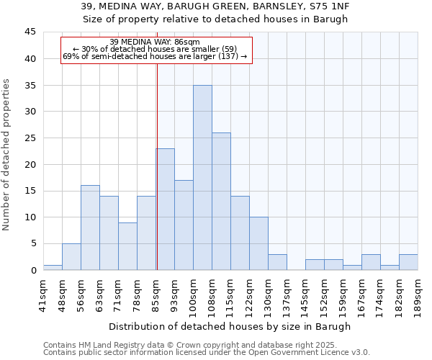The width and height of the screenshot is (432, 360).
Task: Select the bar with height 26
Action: (221, 202)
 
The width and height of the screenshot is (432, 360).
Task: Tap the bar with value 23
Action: (165, 210)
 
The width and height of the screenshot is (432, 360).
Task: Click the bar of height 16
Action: (90, 228)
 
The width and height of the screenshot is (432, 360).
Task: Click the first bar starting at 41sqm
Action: (53, 267)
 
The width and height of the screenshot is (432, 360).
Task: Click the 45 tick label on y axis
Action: (30, 32)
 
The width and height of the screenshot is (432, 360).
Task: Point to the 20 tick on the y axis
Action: (30, 164)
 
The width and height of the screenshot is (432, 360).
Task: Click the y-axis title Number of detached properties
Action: (6, 154)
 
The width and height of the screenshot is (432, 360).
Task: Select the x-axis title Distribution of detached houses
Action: (230, 326)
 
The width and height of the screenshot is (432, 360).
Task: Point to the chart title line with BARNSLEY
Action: (215, 6)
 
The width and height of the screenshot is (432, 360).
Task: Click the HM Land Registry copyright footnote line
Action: (205, 345)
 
